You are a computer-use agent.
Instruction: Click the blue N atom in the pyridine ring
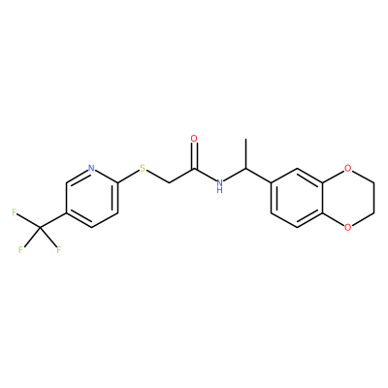click(x=91, y=168)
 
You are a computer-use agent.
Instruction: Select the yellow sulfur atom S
click(x=143, y=168)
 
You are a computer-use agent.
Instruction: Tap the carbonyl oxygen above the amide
click(x=194, y=139)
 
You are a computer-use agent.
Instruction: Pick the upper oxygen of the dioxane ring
click(x=347, y=168)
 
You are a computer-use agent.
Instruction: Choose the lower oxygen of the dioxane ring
click(x=347, y=227)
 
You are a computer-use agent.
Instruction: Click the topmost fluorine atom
click(x=15, y=212)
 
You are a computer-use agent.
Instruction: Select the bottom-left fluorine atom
click(x=20, y=250)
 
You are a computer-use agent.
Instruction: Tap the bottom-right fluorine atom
click(x=58, y=250)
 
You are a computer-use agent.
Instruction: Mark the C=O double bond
click(x=194, y=156)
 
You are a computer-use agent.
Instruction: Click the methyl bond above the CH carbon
click(x=245, y=153)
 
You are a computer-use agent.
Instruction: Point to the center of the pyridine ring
click(x=91, y=198)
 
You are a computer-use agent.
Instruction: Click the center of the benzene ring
click(x=297, y=198)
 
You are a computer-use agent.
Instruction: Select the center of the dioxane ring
click(x=348, y=198)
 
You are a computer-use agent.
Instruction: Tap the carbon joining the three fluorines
click(x=40, y=228)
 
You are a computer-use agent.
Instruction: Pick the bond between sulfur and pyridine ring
click(x=128, y=177)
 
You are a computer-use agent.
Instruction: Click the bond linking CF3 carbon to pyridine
click(x=53, y=220)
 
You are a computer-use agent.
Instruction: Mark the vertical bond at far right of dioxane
click(x=373, y=198)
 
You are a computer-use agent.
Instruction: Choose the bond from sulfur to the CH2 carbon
click(x=157, y=177)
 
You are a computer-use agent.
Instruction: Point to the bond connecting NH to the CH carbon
click(x=235, y=175)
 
